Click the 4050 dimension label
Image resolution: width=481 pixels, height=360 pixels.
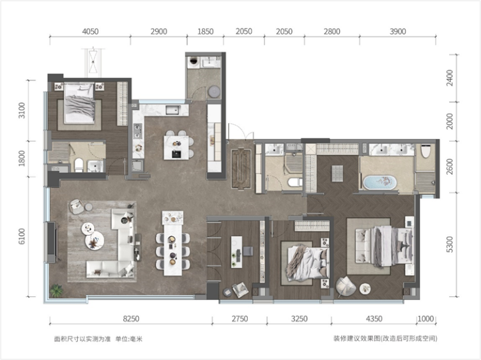pyautogui.click(x=90, y=31)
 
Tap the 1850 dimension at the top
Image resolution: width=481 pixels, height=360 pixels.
pyautogui.click(x=205, y=31)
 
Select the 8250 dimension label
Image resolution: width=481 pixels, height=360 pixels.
pyautogui.click(x=131, y=319)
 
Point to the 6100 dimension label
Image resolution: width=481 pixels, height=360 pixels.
pyautogui.click(x=22, y=236)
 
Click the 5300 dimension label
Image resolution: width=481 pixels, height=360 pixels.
pyautogui.click(x=450, y=244)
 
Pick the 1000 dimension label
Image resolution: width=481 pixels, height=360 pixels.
pyautogui.click(x=426, y=319)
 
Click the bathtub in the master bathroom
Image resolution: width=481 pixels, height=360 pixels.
pyautogui.click(x=380, y=182)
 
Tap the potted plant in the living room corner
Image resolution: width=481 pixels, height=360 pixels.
pyautogui.click(x=56, y=290)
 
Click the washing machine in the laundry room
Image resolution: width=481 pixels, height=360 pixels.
pyautogui.click(x=194, y=61)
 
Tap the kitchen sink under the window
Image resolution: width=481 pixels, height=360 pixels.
pyautogui.click(x=173, y=110)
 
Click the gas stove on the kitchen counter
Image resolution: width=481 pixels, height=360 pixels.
pyautogui.click(x=138, y=131)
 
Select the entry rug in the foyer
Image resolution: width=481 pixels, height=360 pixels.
pyautogui.click(x=241, y=169)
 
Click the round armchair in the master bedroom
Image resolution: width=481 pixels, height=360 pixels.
pyautogui.click(x=346, y=287)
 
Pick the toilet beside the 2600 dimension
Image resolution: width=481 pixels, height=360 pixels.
pyautogui.click(x=426, y=151)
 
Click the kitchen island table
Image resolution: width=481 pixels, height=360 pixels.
pyautogui.click(x=176, y=147)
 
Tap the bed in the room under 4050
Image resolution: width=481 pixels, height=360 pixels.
pyautogui.click(x=79, y=103)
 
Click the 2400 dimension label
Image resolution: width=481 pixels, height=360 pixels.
pyautogui.click(x=450, y=78)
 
